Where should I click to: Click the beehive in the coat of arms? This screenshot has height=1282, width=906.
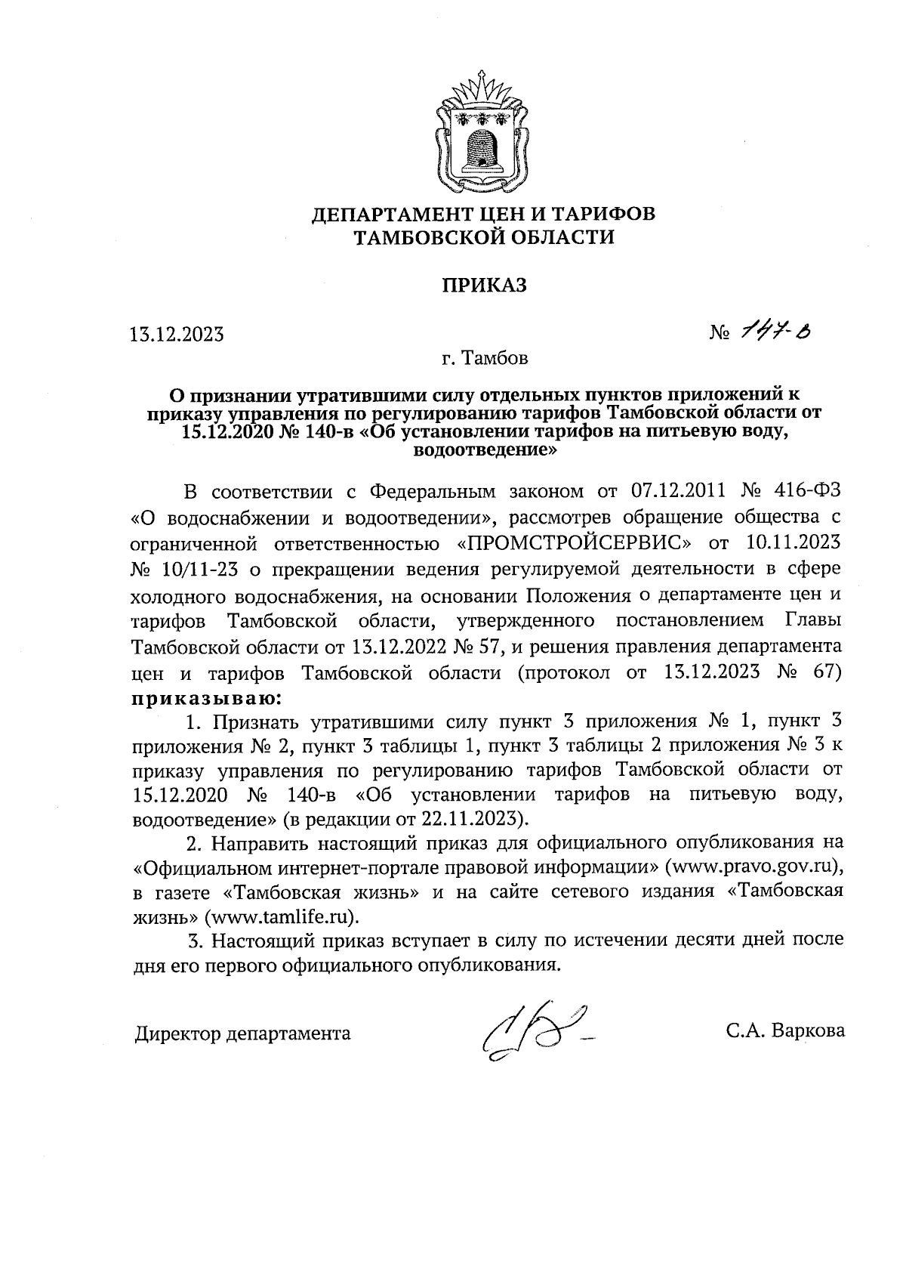point(482,146)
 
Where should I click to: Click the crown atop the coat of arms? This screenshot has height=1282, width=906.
point(483,88)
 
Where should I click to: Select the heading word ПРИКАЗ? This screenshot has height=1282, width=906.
point(483,286)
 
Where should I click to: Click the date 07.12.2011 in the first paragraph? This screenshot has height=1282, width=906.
point(676,491)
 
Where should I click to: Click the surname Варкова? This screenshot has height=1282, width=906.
point(808,1032)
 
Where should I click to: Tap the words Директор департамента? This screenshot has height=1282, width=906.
point(242,1033)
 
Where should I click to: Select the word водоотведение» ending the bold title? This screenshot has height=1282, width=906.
point(484,452)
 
